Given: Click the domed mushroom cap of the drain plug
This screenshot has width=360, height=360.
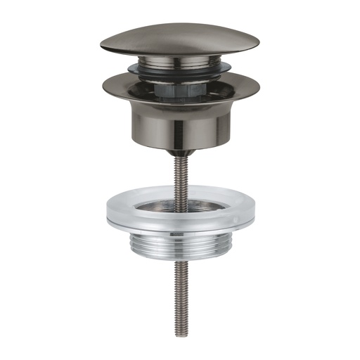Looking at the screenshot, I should pos(179,39).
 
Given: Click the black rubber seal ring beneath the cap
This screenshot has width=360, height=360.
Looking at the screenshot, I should pos(179,74).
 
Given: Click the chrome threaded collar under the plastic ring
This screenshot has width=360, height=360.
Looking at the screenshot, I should pos(180,243).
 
